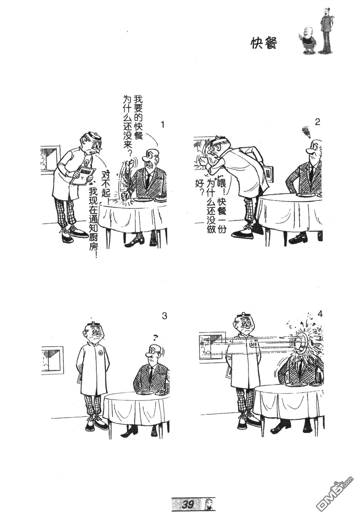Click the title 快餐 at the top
(263, 43)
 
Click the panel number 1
(163, 125)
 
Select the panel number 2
(317, 122)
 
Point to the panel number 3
(164, 316)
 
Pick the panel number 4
(320, 314)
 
